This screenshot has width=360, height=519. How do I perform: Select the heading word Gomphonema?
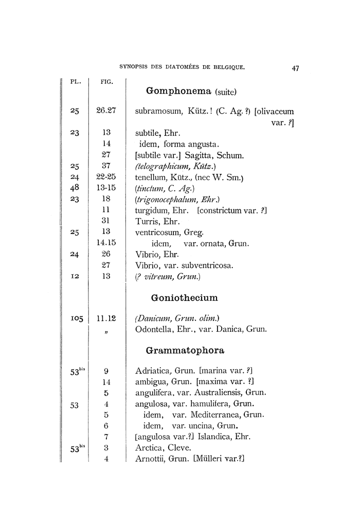(179, 91)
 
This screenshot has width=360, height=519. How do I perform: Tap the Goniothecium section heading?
(185, 298)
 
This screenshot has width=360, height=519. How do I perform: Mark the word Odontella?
(154, 330)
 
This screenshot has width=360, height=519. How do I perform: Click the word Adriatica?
(152, 371)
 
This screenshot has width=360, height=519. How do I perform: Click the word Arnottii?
(149, 459)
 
